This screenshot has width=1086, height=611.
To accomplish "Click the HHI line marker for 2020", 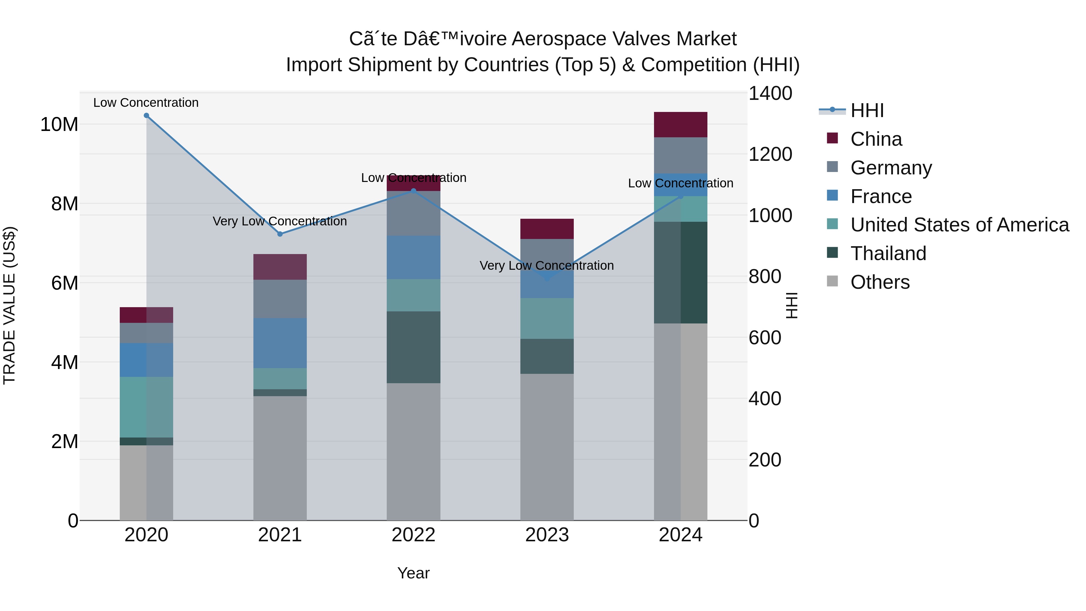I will pyautogui.click(x=146, y=116).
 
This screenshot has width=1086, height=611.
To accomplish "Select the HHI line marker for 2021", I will pyautogui.click(x=280, y=234).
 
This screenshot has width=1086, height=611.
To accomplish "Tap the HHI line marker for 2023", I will pyautogui.click(x=547, y=278).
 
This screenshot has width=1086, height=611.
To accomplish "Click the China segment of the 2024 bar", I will pyautogui.click(x=681, y=125).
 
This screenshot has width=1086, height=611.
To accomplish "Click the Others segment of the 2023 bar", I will pyautogui.click(x=547, y=447).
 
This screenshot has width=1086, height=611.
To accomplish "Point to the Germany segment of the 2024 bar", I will pyautogui.click(x=681, y=155).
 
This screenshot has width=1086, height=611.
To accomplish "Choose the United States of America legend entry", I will pyautogui.click(x=959, y=225).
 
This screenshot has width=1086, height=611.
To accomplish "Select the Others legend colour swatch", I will pyautogui.click(x=832, y=281).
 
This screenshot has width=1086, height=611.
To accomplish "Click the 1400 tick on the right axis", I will pyautogui.click(x=770, y=94).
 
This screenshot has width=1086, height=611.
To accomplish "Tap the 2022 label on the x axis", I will pyautogui.click(x=413, y=535).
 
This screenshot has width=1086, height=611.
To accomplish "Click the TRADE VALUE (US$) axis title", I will pyautogui.click(x=9, y=305).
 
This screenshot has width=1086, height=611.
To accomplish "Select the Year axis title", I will pyautogui.click(x=413, y=573).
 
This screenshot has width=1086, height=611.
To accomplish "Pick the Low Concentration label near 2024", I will pyautogui.click(x=681, y=183).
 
